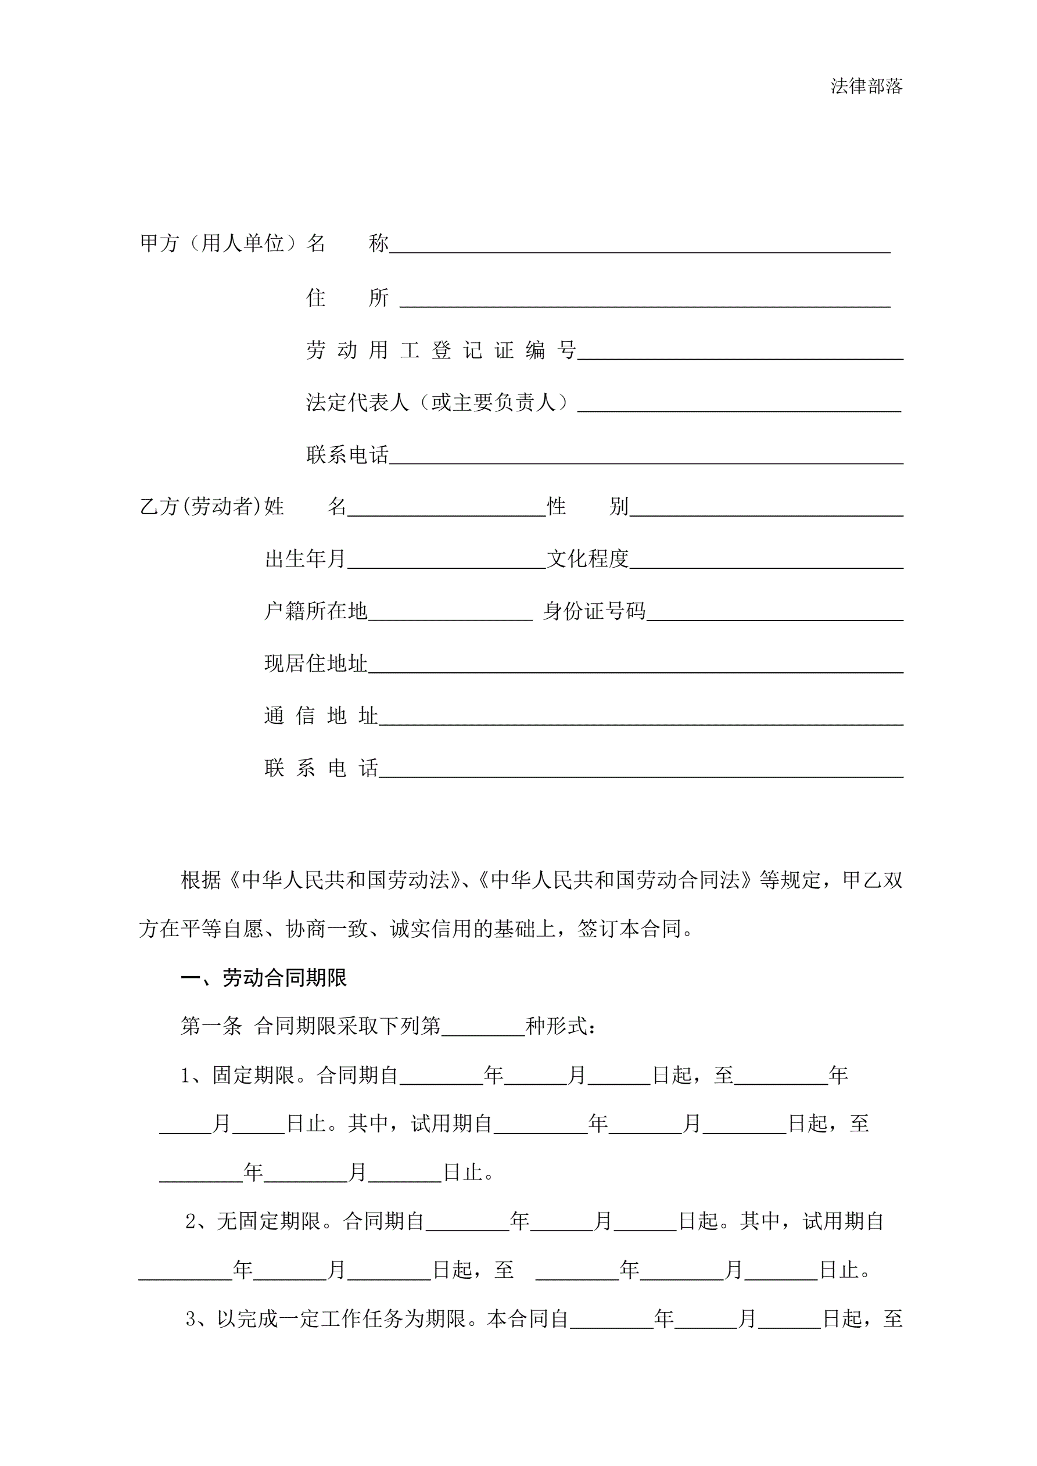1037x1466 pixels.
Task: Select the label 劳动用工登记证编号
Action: click(440, 350)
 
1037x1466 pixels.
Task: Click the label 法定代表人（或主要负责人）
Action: click(437, 402)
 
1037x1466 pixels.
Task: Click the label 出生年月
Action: click(305, 560)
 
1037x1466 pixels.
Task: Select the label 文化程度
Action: click(587, 560)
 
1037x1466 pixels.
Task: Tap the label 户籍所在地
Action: click(316, 612)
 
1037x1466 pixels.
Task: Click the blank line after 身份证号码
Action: click(774, 613)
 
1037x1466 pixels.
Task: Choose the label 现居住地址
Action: click(316, 664)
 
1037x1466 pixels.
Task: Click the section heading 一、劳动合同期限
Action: click(263, 978)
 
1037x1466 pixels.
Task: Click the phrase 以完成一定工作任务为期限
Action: click(341, 1319)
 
